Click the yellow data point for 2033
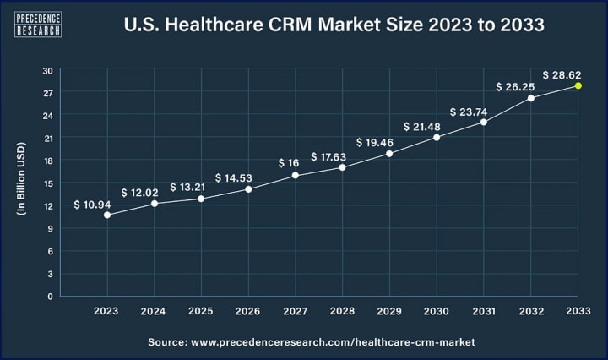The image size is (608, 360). [x=578, y=85]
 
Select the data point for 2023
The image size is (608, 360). [x=106, y=215]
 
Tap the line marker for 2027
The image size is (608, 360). [x=295, y=175]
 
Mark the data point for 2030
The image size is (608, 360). [x=437, y=137]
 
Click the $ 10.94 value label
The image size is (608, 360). [x=95, y=204]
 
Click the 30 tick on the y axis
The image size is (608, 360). [x=48, y=70]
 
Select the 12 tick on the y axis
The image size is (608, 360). [x=48, y=205]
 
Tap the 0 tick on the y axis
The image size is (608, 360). [x=51, y=296]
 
